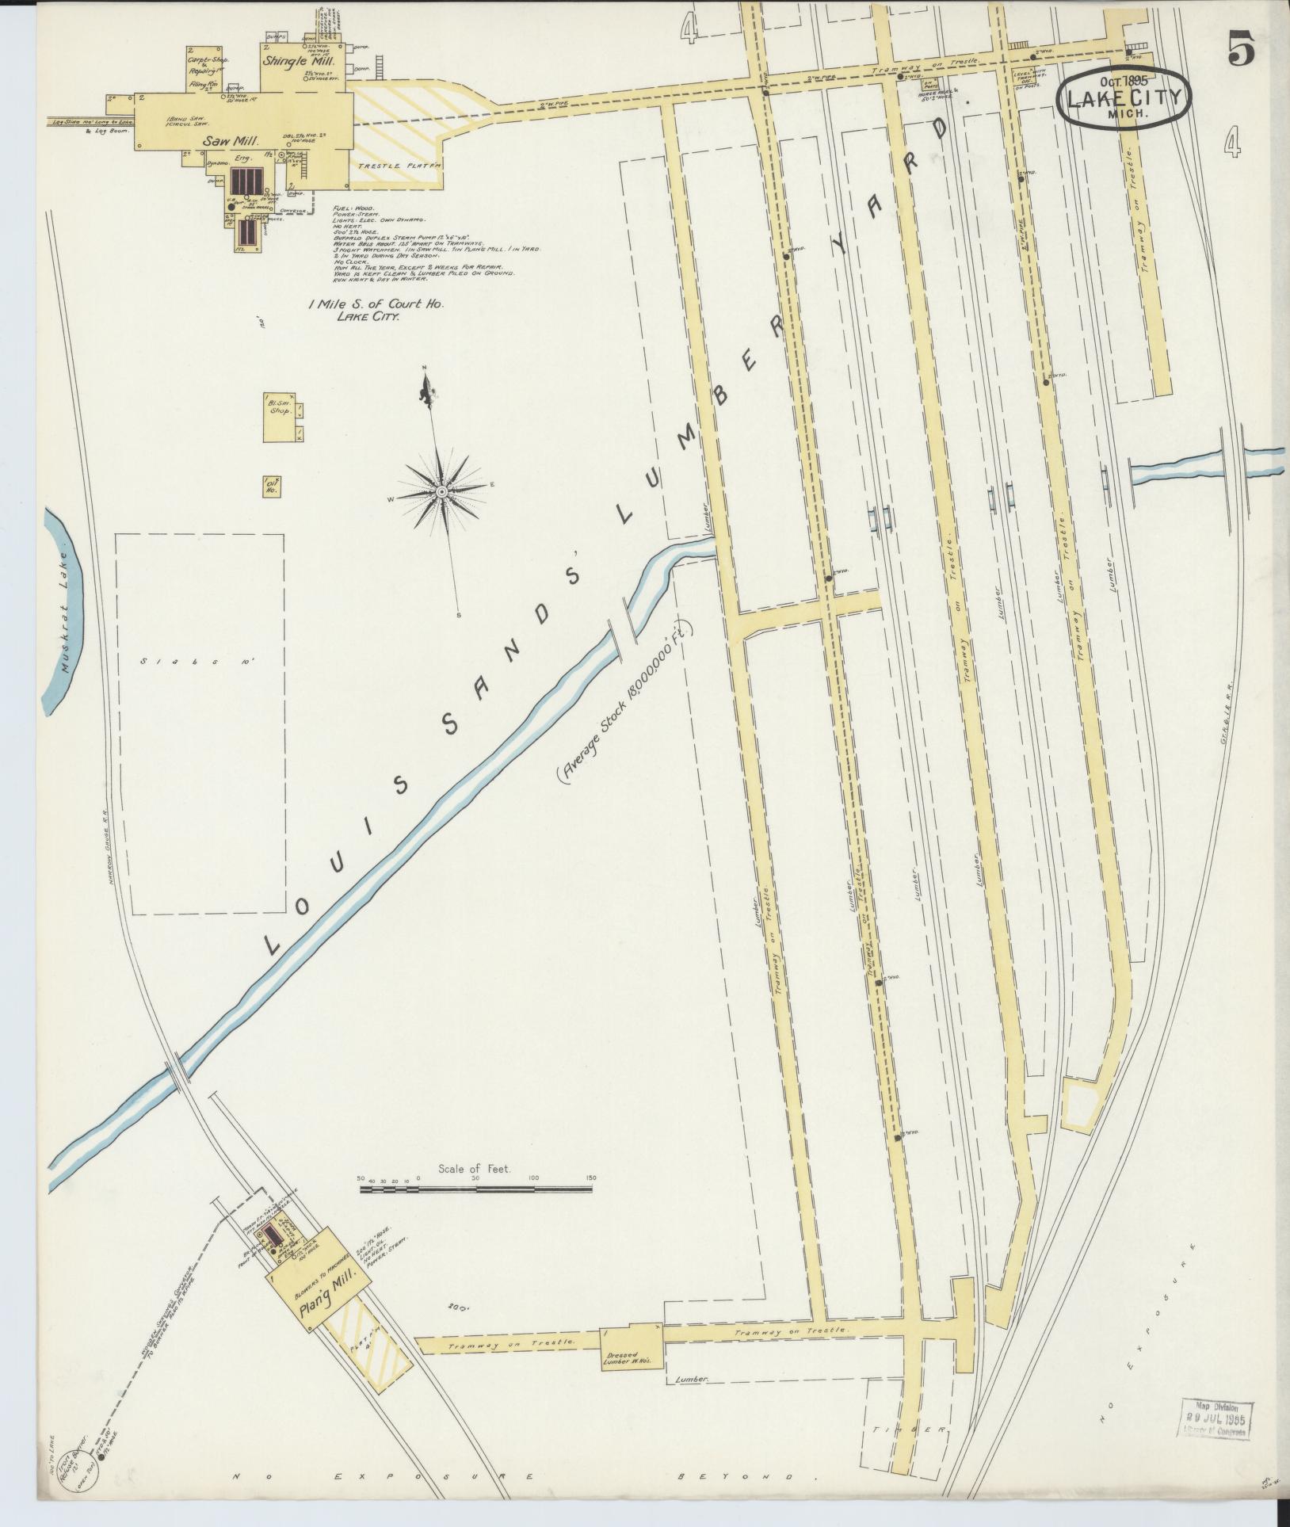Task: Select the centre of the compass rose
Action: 441,493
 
